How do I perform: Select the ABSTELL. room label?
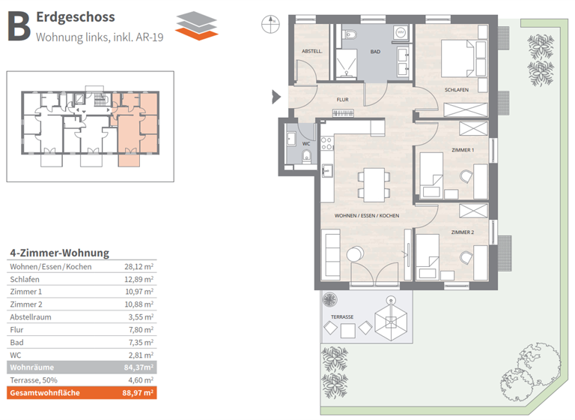311,52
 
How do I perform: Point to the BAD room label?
375,52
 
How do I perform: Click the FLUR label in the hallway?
342,99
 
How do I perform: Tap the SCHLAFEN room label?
456,90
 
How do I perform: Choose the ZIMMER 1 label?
463,150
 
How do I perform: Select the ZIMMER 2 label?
463,232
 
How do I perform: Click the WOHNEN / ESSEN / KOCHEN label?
367,215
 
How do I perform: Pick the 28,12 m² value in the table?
139,266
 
